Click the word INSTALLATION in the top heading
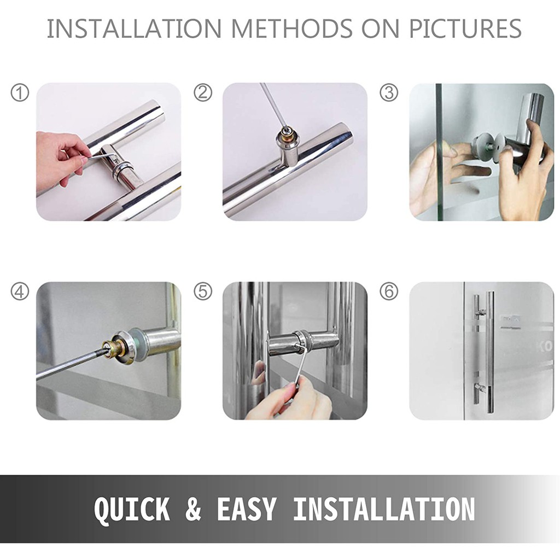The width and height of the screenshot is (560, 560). point(135,28)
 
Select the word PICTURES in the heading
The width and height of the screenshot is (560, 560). point(465,28)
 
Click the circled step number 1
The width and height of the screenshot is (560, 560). point(20,93)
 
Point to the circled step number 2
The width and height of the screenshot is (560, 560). point(202,92)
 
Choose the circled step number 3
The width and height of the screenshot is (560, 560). point(389,92)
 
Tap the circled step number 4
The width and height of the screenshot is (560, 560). point(20,291)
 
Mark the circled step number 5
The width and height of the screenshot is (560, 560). point(202,291)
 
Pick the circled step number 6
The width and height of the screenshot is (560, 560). point(389,291)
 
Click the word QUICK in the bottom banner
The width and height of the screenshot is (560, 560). point(132,510)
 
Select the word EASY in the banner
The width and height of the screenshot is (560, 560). point(247,509)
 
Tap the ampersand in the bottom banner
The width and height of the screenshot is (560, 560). point(193,509)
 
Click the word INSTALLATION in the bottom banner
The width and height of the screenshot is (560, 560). point(384,509)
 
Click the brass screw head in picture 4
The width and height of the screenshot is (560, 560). point(108,346)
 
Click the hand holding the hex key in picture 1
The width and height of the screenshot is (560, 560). point(61,157)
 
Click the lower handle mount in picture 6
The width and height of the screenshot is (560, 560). point(480,388)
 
